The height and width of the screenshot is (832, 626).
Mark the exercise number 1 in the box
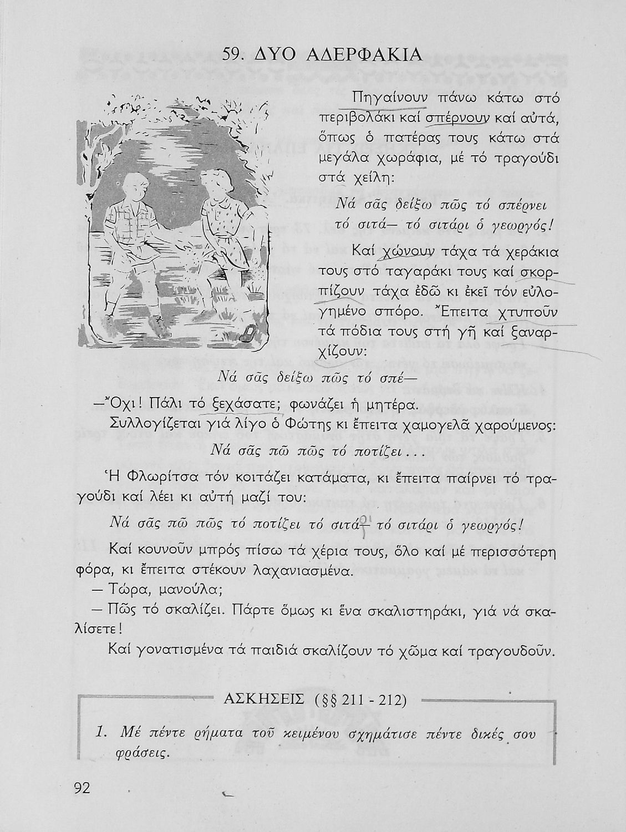tap(101, 733)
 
